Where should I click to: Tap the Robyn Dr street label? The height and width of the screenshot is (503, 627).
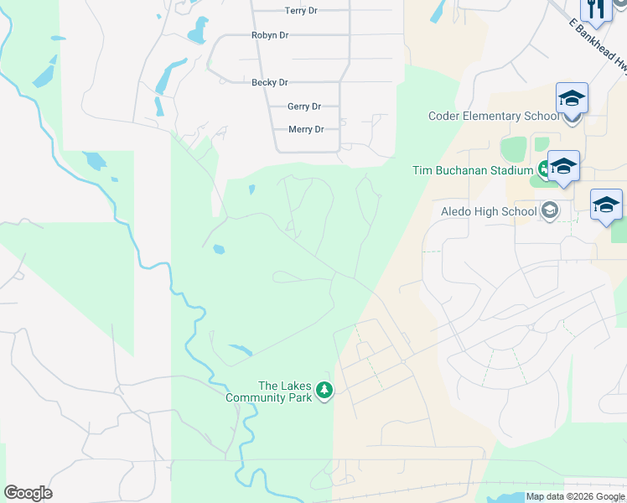[270, 35]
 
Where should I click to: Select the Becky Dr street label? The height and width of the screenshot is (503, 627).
[270, 83]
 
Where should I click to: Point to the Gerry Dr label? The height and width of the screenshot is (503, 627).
[304, 106]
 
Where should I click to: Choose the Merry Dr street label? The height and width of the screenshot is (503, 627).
[306, 129]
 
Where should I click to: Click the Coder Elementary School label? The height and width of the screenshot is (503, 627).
[493, 117]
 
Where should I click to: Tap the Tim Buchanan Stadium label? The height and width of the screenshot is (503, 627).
[473, 170]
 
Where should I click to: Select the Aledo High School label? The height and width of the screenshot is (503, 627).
[489, 211]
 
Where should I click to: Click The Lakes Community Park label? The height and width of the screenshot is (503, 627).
[285, 392]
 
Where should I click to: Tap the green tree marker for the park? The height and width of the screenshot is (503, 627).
[324, 390]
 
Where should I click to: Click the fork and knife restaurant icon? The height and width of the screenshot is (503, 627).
[597, 9]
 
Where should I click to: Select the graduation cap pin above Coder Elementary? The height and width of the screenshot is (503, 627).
[572, 99]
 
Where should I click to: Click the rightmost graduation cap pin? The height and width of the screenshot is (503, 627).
[606, 205]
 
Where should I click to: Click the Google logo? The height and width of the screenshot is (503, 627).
[28, 493]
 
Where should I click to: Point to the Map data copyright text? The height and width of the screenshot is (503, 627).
[575, 497]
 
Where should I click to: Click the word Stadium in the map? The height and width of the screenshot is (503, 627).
[510, 170]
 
